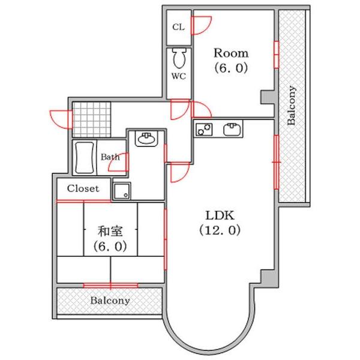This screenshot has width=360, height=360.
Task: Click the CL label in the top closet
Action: pos(178,27)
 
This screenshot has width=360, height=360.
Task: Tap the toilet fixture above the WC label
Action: pos(179,59)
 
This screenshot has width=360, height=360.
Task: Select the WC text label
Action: pos(178,77)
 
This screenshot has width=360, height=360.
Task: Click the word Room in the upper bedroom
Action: pos(232,53)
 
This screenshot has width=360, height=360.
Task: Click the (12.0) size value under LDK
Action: pos(220,230)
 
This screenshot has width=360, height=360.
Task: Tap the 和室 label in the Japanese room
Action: pos(110,230)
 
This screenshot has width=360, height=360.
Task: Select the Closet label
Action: pos(83,188)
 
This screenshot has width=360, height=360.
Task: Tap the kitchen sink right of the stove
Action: pos(232,129)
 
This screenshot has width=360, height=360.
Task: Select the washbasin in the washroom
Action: pos(146,139)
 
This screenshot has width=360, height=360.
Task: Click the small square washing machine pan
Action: pos(122,191)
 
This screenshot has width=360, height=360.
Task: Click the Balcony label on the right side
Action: pos(292,106)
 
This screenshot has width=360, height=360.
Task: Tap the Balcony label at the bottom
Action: pos(109,301)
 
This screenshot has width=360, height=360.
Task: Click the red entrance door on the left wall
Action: pos(60,118)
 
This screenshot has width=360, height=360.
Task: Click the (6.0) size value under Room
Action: pos(232,68)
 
